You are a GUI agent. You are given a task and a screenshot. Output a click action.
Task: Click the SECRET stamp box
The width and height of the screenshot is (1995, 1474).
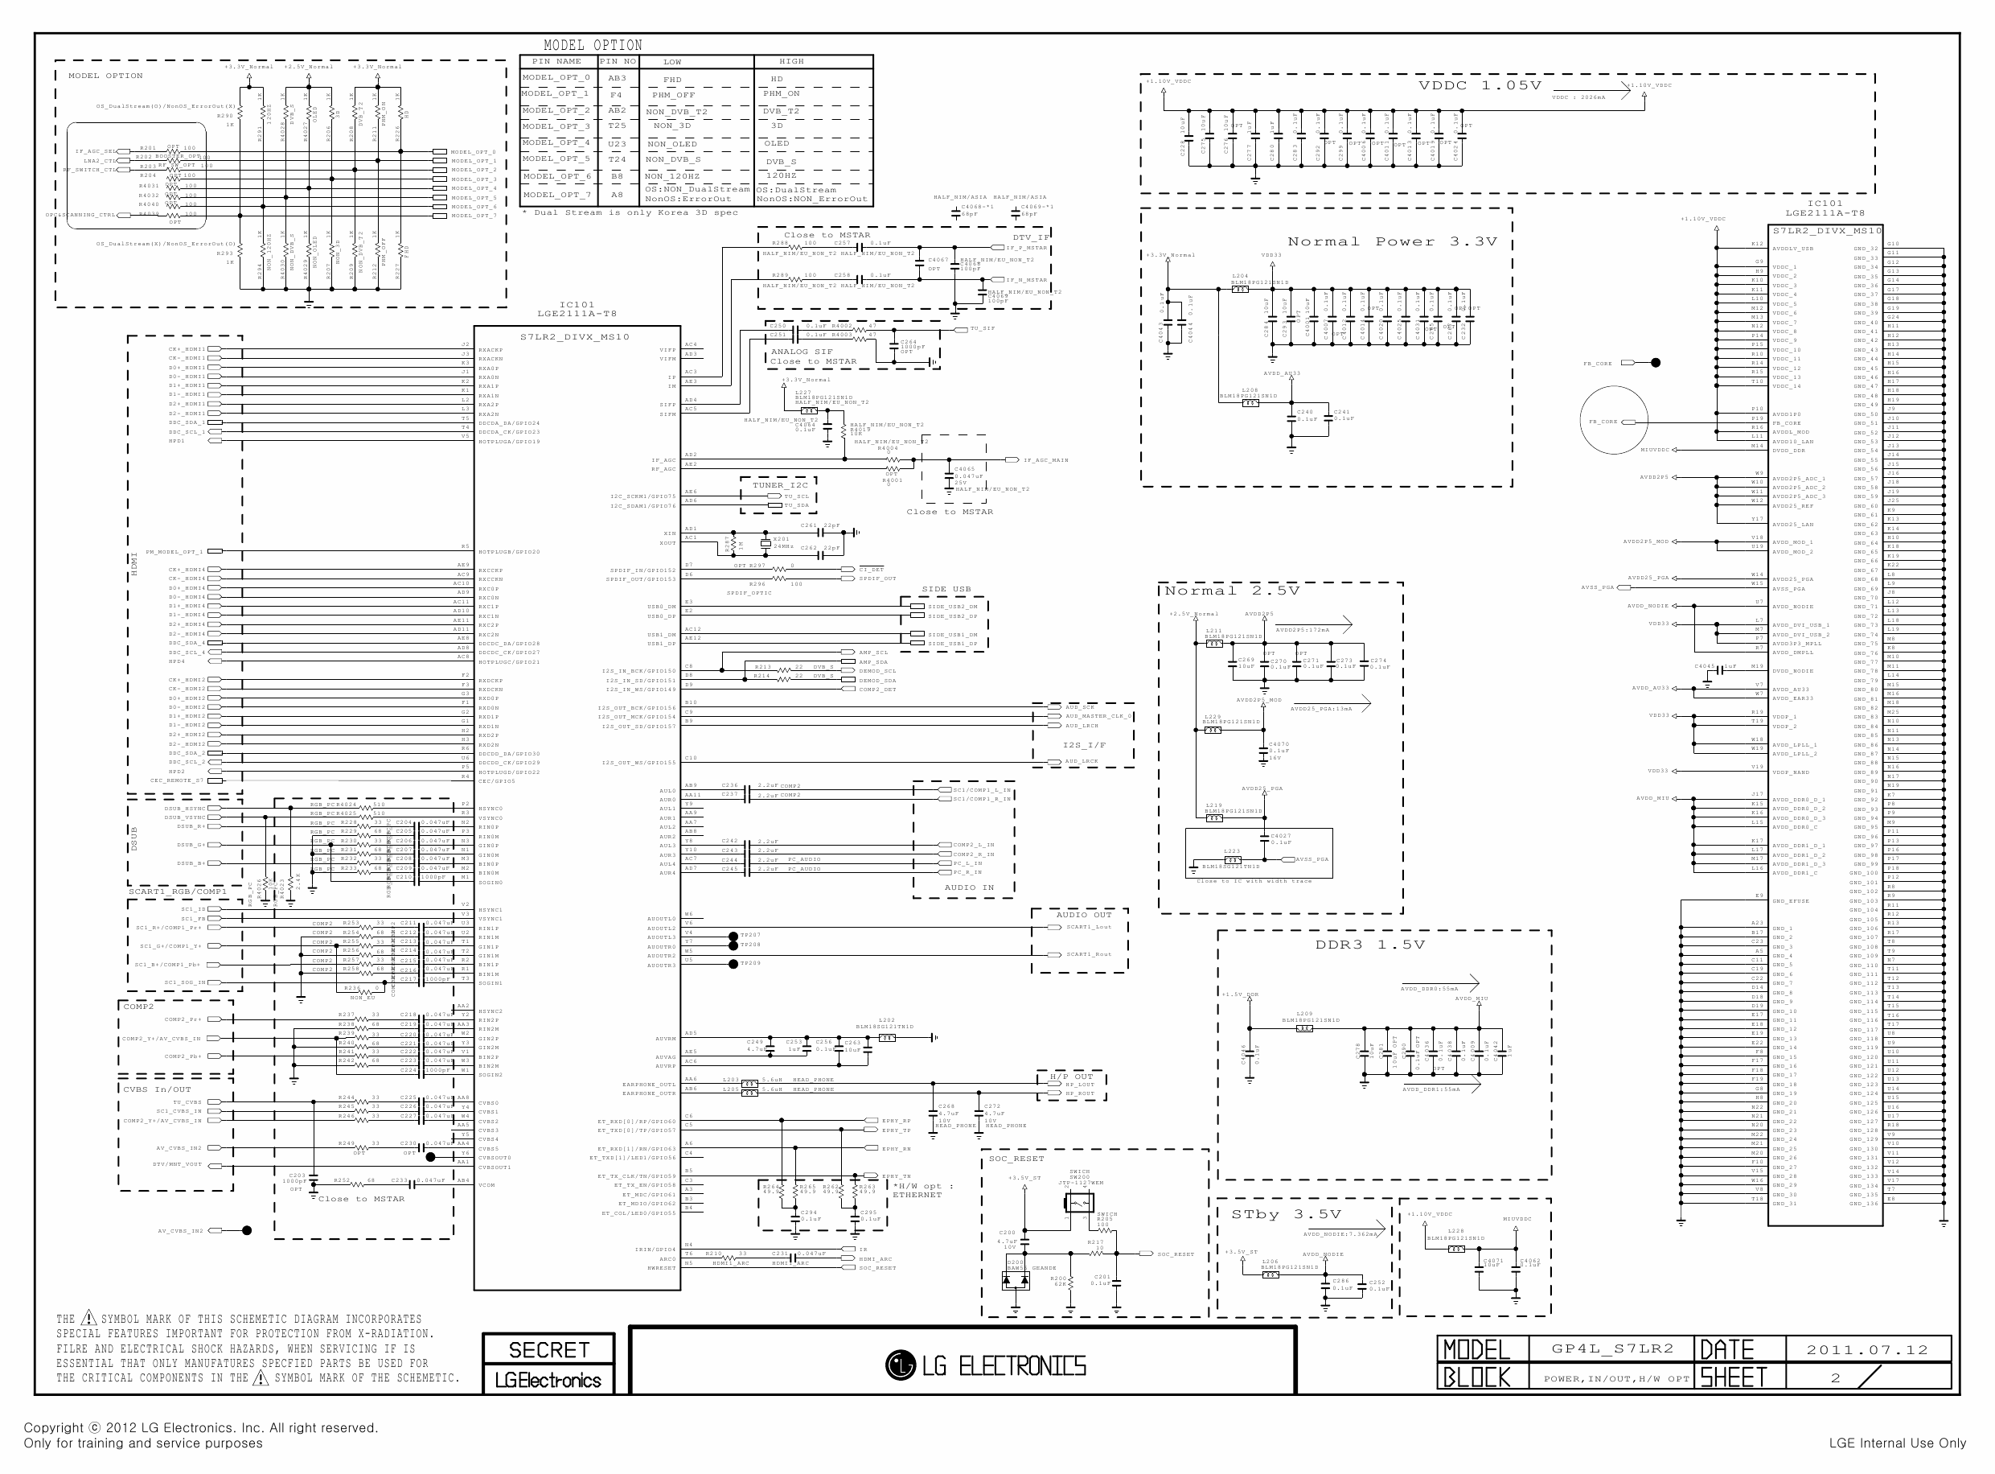(x=548, y=1349)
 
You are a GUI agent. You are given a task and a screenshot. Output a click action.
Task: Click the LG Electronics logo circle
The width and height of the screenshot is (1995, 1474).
(x=900, y=1365)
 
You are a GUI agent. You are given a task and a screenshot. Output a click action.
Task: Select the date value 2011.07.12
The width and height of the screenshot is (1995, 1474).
(x=1866, y=1350)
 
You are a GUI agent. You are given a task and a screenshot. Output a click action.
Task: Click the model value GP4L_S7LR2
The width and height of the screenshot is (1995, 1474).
(x=1612, y=1349)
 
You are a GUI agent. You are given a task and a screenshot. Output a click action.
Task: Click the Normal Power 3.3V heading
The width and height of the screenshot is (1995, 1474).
(x=1392, y=242)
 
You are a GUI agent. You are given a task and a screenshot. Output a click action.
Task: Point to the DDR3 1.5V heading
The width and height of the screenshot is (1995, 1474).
(x=1369, y=945)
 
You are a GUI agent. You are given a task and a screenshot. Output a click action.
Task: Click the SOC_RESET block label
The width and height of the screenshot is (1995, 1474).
(x=1016, y=1159)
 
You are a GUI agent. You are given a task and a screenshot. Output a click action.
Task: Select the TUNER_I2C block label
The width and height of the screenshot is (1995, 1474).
(x=780, y=485)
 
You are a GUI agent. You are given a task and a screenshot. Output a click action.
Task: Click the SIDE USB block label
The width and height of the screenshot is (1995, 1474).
(x=946, y=589)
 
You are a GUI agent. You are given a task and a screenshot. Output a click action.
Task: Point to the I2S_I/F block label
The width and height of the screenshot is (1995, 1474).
(x=1084, y=745)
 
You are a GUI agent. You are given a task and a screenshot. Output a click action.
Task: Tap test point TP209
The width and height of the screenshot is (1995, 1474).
(x=733, y=964)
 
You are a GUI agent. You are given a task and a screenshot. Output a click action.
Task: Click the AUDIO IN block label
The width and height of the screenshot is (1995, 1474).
(x=968, y=887)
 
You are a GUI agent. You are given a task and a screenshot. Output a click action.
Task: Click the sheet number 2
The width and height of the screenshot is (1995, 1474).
(x=1835, y=1377)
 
